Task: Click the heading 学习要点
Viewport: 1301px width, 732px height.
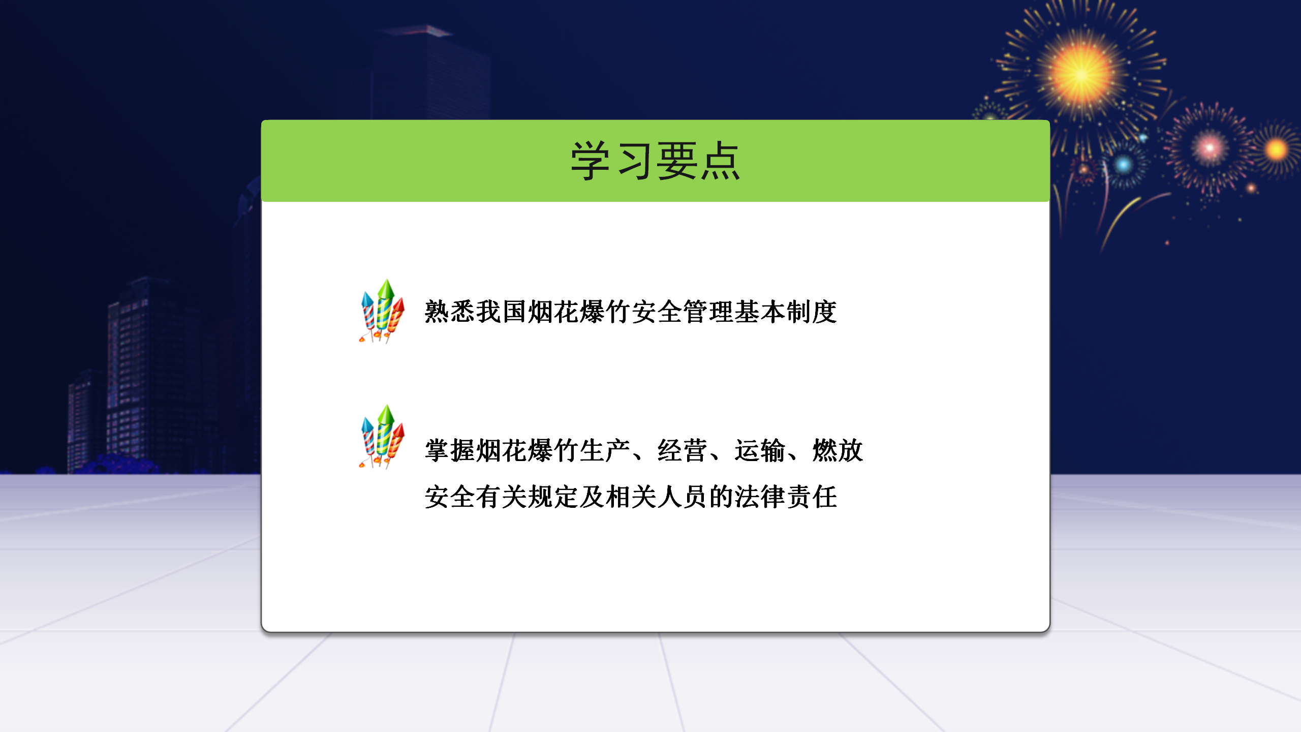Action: tap(655, 161)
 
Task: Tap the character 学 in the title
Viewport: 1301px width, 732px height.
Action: tap(590, 161)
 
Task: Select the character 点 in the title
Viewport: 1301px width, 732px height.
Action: tap(720, 161)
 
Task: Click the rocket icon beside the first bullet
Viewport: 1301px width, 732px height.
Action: tap(382, 311)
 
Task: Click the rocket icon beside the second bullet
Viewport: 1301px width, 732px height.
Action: tap(382, 437)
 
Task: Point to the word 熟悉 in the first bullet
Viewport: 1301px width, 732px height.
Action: tap(450, 312)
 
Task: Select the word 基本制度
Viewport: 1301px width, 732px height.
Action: tap(786, 312)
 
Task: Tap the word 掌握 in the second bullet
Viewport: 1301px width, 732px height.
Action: tap(450, 450)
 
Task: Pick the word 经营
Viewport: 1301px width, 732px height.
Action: tap(683, 450)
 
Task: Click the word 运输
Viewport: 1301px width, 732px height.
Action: tap(760, 450)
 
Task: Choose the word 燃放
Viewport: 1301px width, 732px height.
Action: tap(838, 450)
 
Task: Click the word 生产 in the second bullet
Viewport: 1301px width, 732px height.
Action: tap(605, 450)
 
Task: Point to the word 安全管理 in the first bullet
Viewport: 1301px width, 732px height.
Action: tap(683, 312)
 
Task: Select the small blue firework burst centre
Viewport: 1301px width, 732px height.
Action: tap(1124, 165)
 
